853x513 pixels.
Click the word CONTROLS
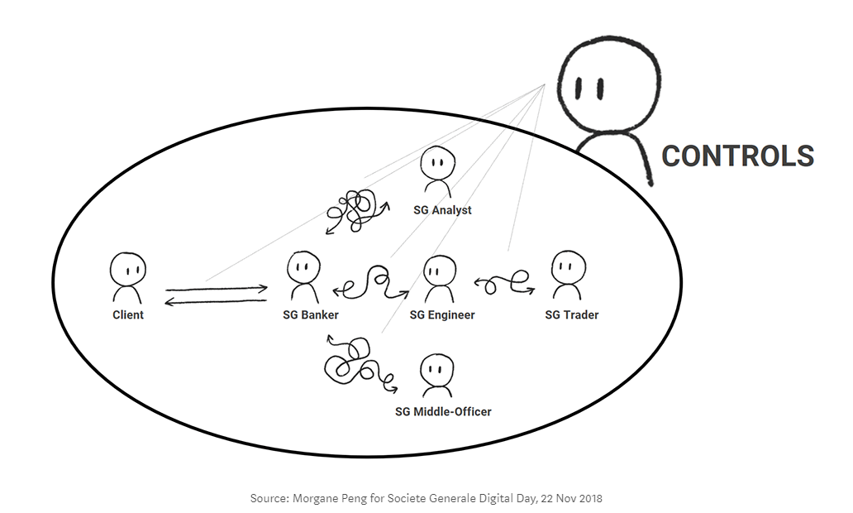pos(737,156)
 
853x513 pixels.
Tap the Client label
pos(128,314)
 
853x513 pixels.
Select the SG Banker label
pos(311,314)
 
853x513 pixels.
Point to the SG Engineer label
pos(442,314)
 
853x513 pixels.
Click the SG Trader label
pos(572,314)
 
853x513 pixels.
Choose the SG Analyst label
pos(442,210)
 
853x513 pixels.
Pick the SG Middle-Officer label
pos(443,411)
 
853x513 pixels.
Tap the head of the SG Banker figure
pos(303,267)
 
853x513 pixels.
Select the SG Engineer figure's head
pos(439,270)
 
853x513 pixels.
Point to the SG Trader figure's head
pos(567,266)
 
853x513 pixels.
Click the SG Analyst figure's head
pos(436,163)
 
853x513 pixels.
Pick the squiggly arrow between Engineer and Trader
pos(504,283)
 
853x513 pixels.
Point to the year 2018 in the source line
pos(589,499)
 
